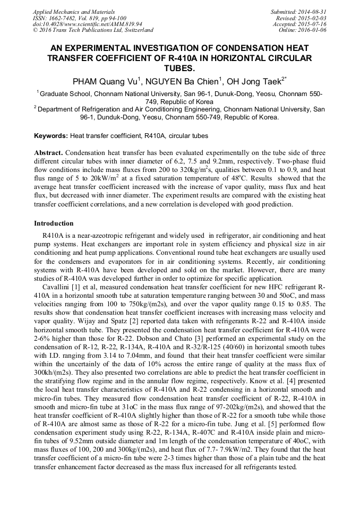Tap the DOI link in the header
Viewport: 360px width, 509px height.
[87, 24]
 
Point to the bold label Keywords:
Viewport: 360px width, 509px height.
[51, 136]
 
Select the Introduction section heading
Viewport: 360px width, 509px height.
[54, 223]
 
